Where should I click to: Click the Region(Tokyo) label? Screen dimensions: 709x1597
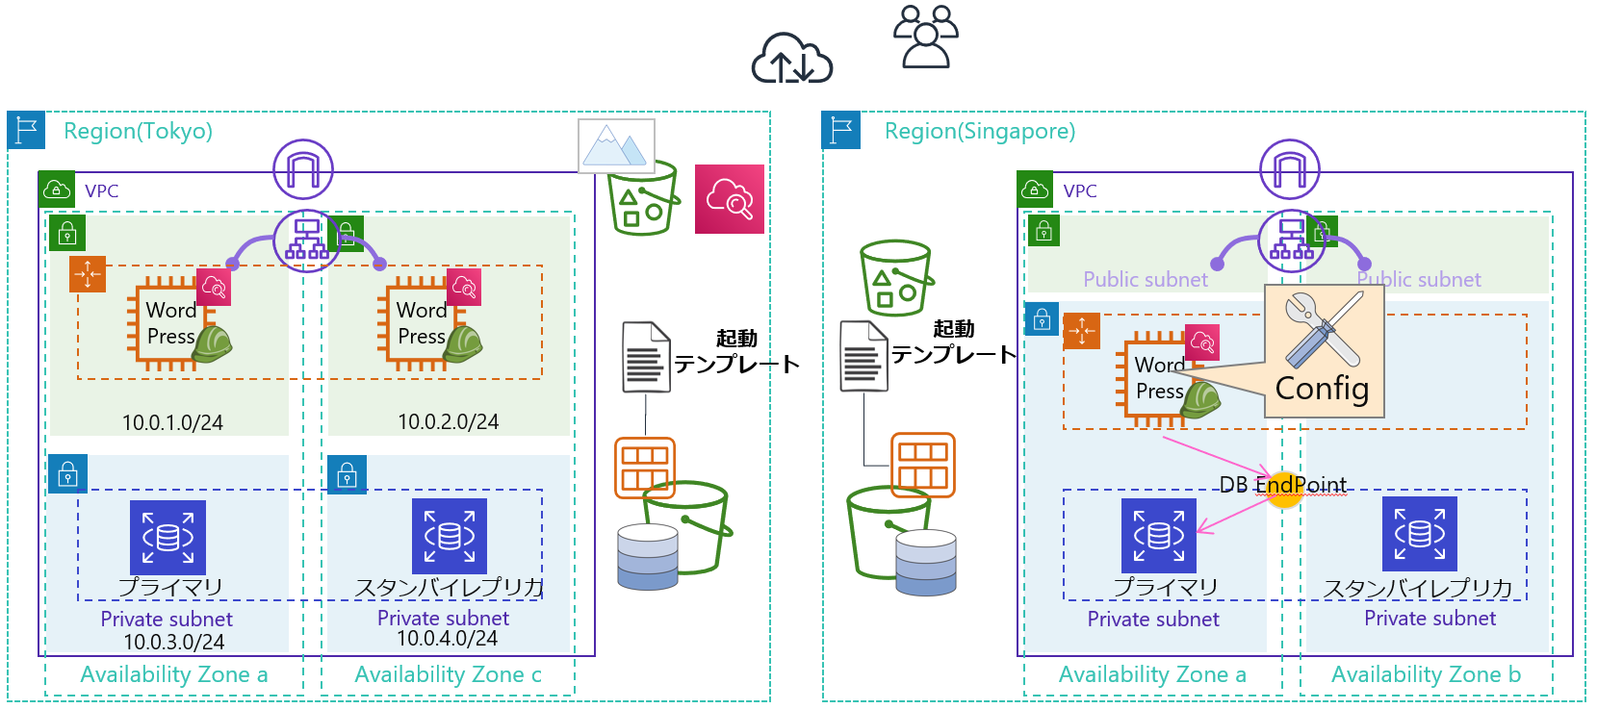pyautogui.click(x=138, y=131)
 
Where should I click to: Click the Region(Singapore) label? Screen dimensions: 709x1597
pyautogui.click(x=979, y=131)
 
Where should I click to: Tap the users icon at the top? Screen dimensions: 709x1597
pyautogui.click(x=925, y=37)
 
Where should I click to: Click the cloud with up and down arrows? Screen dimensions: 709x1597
pyautogui.click(x=791, y=59)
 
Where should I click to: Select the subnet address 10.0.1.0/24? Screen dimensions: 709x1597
pyautogui.click(x=172, y=422)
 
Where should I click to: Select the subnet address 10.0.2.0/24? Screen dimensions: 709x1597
pyautogui.click(x=449, y=421)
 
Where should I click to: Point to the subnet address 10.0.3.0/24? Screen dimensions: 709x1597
pyautogui.click(x=173, y=642)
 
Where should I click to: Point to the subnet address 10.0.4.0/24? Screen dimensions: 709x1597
pyautogui.click(x=448, y=638)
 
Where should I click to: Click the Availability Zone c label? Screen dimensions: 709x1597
pyautogui.click(x=448, y=674)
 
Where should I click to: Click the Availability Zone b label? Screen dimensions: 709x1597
pyautogui.click(x=1426, y=674)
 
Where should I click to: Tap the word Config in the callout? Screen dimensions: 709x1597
pyautogui.click(x=1322, y=388)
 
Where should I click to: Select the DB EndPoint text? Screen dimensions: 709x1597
pyautogui.click(x=1283, y=485)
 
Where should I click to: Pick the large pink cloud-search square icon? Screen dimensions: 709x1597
pyautogui.click(x=730, y=199)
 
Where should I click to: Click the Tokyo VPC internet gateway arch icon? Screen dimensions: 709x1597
pyautogui.click(x=303, y=169)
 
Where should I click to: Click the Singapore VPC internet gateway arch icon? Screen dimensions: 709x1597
pyautogui.click(x=1290, y=169)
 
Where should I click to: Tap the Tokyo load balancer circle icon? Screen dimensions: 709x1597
pyautogui.click(x=305, y=241)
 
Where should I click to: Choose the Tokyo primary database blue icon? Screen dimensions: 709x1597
pyautogui.click(x=168, y=537)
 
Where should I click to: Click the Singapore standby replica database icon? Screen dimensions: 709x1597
pyautogui.click(x=1419, y=534)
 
